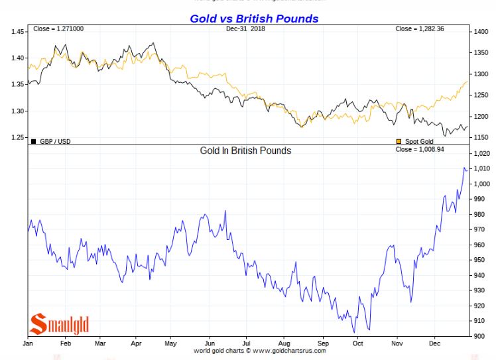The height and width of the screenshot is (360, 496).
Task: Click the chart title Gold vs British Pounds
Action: coord(254,19)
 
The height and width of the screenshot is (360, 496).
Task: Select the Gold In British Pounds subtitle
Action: coord(245,150)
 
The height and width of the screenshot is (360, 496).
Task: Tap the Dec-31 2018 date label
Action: coord(245,29)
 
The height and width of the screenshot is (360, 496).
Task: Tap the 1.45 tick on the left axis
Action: coord(18,31)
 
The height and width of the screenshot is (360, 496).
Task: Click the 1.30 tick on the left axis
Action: coord(18,111)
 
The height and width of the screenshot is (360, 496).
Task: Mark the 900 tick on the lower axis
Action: coord(477,336)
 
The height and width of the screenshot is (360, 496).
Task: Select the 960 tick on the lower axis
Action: coord(477,245)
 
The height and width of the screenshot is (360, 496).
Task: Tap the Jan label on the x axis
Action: coord(28,343)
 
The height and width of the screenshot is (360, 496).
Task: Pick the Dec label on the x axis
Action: coord(435,343)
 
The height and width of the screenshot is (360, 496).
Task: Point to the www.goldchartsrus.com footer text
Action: coord(289,351)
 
